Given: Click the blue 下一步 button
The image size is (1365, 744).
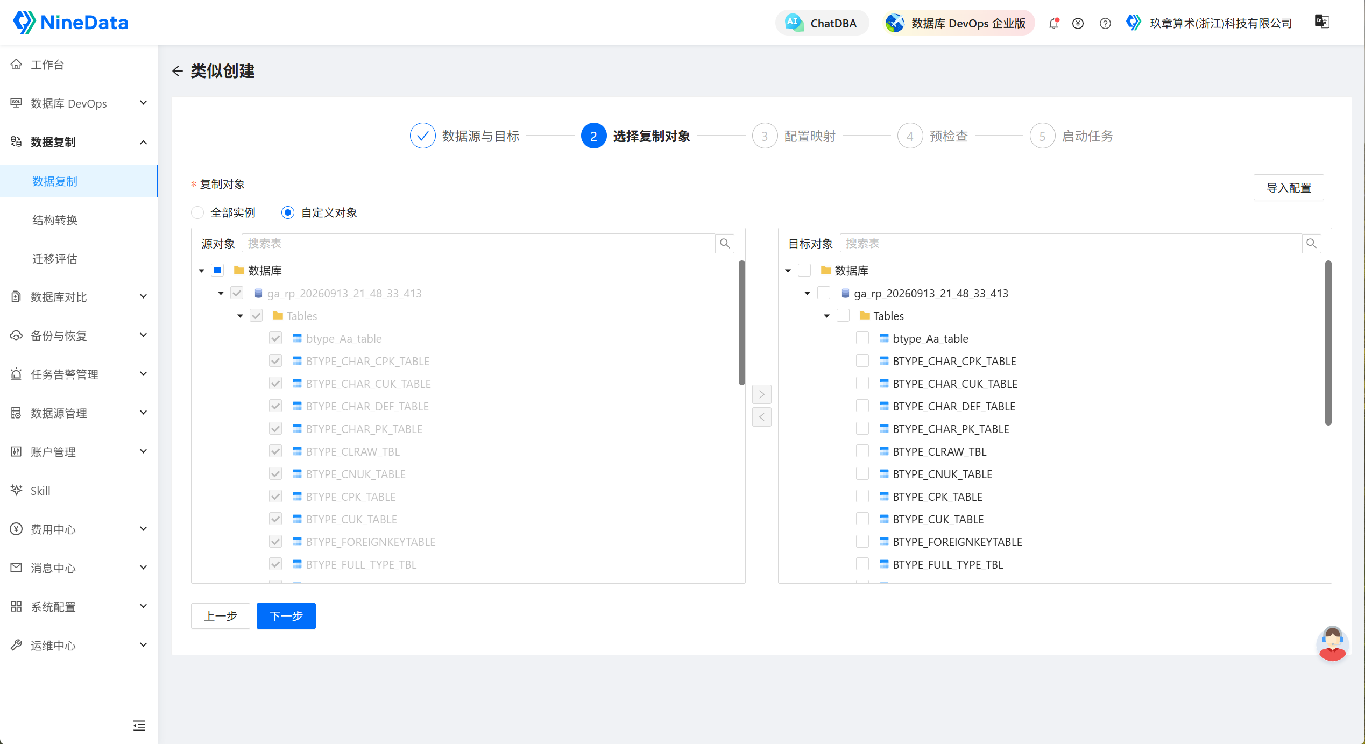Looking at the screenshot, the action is (286, 615).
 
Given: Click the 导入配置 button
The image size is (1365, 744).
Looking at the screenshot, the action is (1288, 187).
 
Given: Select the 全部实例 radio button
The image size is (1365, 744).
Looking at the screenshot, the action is (197, 212).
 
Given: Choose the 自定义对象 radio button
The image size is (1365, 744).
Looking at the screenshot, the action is (288, 212).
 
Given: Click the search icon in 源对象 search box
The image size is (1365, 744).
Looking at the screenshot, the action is (725, 243).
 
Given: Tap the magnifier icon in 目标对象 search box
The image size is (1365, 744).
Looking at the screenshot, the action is (1311, 243).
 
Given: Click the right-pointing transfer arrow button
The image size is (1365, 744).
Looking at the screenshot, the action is (761, 394).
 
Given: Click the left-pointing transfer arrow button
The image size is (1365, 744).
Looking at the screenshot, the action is (761, 417).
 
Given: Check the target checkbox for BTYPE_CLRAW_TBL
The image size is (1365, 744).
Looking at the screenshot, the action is (862, 451).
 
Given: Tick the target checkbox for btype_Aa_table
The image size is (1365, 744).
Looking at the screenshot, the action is (862, 338).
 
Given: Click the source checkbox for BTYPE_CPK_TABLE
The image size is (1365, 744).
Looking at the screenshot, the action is (275, 496).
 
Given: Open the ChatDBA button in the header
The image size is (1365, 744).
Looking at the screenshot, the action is (822, 23).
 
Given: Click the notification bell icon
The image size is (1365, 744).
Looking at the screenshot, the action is (1054, 23).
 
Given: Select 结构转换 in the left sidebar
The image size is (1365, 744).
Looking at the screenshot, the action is (55, 220).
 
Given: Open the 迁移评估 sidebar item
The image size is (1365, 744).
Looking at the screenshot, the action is (55, 259).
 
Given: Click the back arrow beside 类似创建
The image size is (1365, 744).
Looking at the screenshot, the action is (178, 71).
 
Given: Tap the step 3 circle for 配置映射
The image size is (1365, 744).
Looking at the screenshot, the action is (764, 136).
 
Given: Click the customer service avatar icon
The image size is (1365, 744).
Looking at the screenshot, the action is (1332, 643).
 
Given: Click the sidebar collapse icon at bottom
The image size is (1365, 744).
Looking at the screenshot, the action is (139, 726).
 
